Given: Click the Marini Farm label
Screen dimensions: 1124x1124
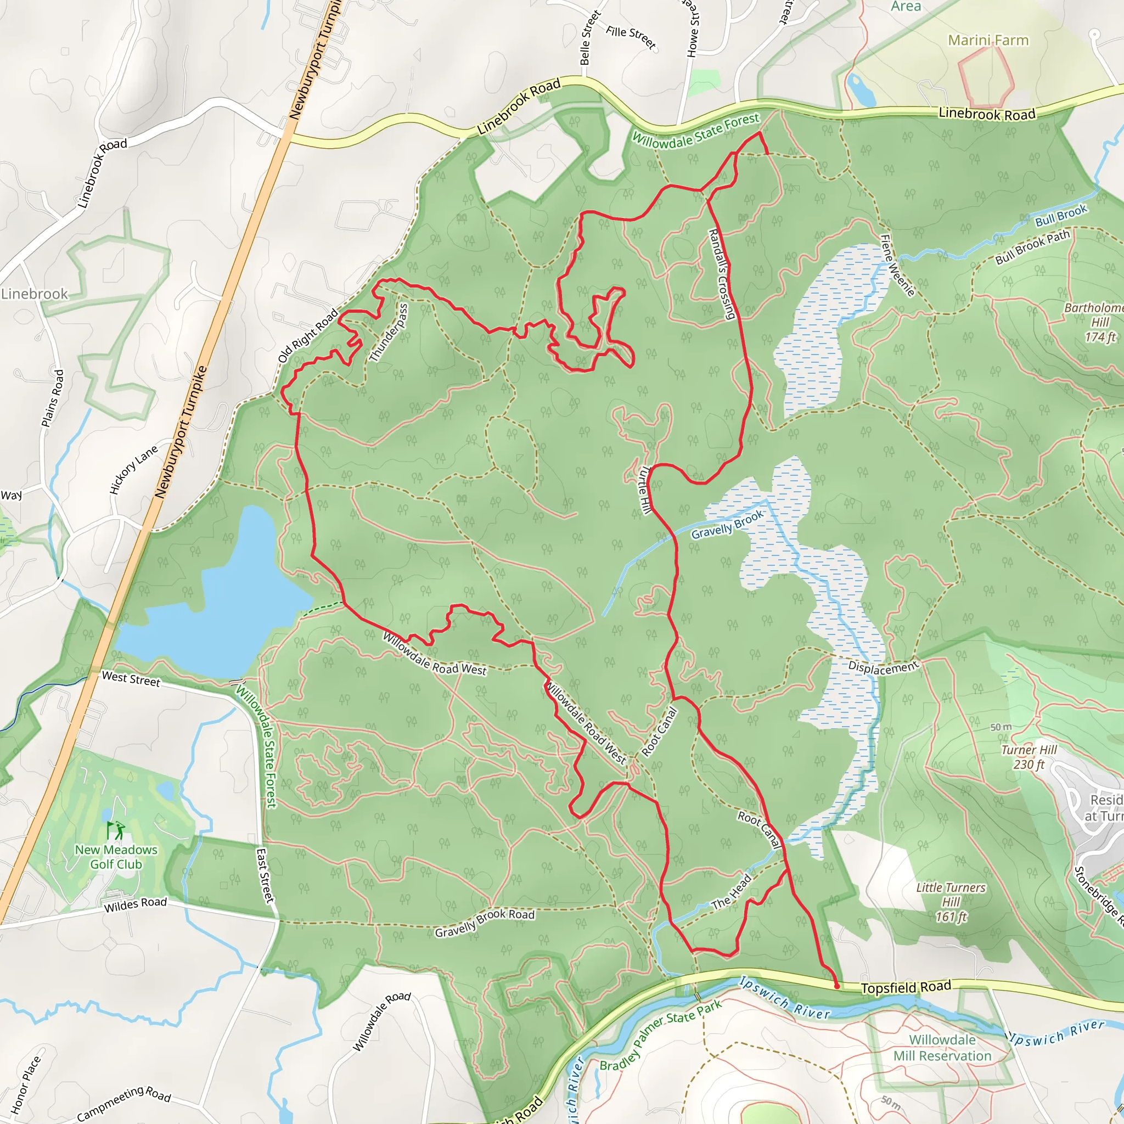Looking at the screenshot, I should [x=988, y=40].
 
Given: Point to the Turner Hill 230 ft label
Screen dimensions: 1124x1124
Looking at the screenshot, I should [x=1029, y=757].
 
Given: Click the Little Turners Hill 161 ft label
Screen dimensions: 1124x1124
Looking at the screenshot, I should [x=951, y=902].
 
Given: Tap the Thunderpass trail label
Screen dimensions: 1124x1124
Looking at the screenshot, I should [x=388, y=332].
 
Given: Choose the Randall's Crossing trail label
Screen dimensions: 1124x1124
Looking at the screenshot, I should [x=721, y=273].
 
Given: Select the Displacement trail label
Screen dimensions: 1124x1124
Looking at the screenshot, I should [x=883, y=667].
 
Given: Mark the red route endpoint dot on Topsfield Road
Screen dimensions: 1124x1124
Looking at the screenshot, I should [x=836, y=986].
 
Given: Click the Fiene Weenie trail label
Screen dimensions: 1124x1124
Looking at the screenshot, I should [x=897, y=265].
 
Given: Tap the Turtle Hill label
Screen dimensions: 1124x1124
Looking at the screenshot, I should [x=644, y=490].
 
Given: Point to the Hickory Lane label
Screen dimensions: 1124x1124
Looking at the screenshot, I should [x=133, y=470].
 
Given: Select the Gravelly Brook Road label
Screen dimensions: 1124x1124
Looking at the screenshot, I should [x=484, y=923].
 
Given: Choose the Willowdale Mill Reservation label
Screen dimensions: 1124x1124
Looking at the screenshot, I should [x=942, y=1048].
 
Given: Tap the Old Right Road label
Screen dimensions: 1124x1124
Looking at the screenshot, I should [x=308, y=336].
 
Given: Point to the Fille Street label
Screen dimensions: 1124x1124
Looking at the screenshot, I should [x=631, y=37].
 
